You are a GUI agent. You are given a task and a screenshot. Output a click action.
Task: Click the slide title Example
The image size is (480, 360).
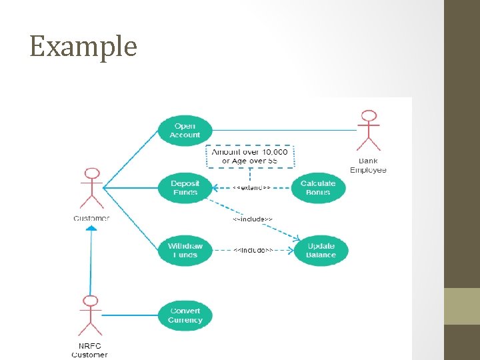(83, 47)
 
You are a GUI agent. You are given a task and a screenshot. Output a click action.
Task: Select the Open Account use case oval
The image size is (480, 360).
(185, 130)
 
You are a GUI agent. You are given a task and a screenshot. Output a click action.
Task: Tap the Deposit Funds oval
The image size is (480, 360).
(185, 188)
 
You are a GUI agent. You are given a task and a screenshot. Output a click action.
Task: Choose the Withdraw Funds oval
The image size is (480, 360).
(185, 251)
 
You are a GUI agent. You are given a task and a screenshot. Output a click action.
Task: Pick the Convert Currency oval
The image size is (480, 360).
(185, 315)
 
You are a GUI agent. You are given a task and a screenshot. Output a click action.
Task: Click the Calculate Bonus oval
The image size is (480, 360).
(318, 188)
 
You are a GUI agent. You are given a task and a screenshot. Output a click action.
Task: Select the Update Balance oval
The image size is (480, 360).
(321, 251)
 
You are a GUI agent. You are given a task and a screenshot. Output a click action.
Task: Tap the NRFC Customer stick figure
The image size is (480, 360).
(89, 316)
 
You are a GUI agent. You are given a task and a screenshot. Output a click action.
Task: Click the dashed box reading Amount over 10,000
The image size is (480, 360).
(250, 156)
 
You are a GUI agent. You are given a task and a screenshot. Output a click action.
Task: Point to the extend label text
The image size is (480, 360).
(251, 188)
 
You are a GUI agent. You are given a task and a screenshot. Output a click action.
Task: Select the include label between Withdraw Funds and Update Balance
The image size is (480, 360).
(252, 250)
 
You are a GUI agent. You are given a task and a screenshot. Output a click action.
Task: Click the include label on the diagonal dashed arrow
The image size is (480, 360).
(252, 219)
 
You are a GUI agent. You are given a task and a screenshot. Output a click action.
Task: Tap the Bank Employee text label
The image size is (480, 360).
(368, 165)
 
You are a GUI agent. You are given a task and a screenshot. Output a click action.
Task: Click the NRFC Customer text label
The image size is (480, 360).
(89, 351)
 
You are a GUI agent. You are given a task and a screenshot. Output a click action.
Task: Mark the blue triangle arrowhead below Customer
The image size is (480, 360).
(91, 228)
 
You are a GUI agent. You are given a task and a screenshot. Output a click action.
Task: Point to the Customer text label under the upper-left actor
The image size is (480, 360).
(91, 218)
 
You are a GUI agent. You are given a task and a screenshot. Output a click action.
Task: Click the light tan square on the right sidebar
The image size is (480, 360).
(462, 306)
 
